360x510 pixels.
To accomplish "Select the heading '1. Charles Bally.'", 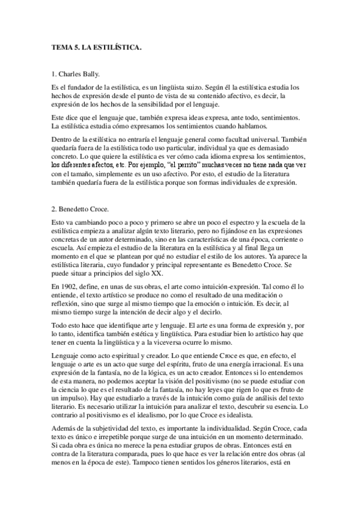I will point(76,76).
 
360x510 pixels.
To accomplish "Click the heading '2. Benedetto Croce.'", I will point(80,210).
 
